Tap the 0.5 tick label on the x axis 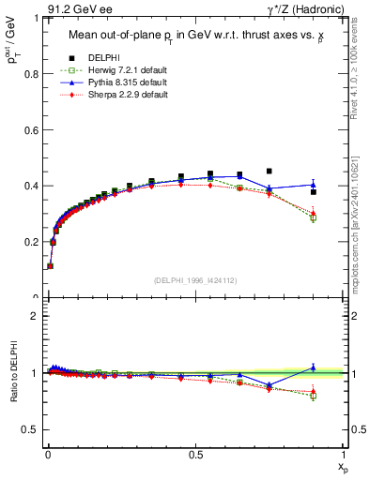pos(195,453)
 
